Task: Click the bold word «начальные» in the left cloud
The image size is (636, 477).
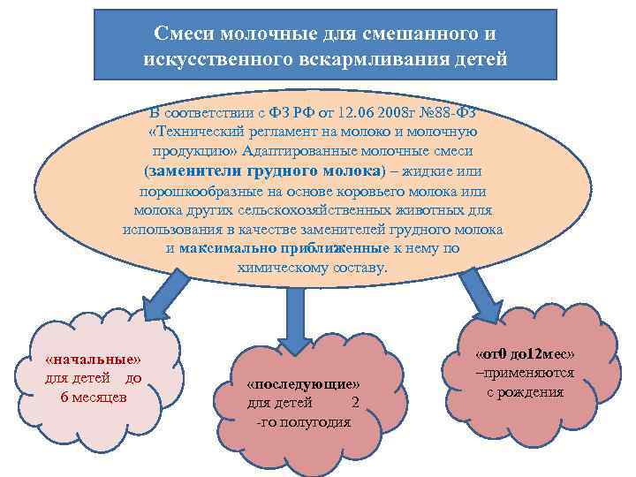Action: (93, 360)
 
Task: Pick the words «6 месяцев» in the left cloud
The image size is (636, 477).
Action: (93, 397)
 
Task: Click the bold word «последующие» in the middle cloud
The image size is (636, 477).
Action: (303, 385)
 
